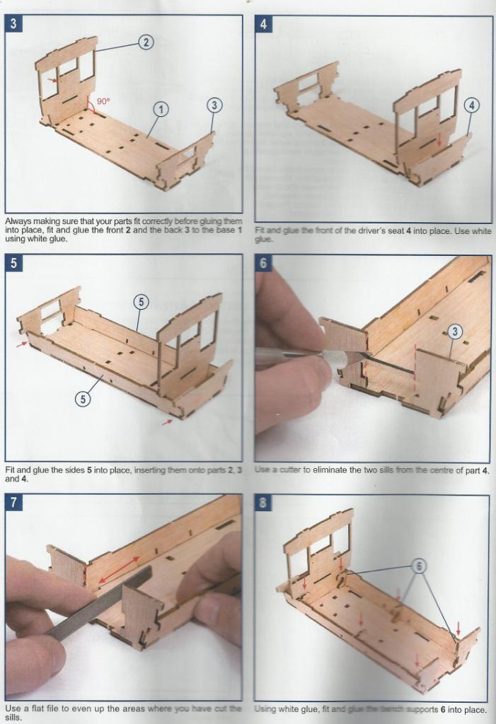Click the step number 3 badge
[x=13, y=23]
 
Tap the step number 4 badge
[x=263, y=23]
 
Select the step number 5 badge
[x=13, y=263]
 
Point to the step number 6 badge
[x=263, y=263]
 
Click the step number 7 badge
[x=13, y=503]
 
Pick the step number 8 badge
[x=263, y=503]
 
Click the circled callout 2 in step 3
[x=145, y=42]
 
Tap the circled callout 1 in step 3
[x=161, y=109]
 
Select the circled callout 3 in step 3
[x=214, y=105]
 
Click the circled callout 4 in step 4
[x=471, y=105]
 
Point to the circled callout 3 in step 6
[x=455, y=331]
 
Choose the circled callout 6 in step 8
[x=418, y=566]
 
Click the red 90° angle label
[x=103, y=101]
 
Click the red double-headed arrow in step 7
[x=118, y=568]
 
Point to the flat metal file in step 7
[x=99, y=605]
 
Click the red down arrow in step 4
[x=439, y=141]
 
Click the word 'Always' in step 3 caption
[x=18, y=221]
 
